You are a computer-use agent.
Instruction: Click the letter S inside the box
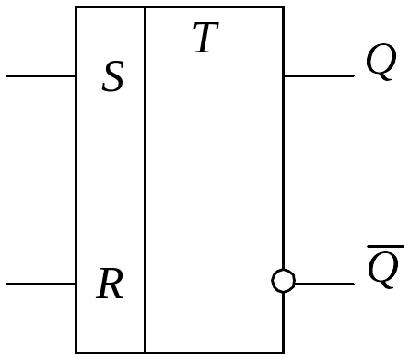click(112, 76)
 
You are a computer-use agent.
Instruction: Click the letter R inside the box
click(110, 284)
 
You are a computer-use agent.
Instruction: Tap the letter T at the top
click(206, 37)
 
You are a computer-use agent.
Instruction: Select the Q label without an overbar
click(381, 62)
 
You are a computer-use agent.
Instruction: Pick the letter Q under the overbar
click(383, 270)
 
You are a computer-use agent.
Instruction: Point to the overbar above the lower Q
click(386, 246)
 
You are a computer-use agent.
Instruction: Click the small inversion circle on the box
click(284, 281)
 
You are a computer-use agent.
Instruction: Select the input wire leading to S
click(41, 75)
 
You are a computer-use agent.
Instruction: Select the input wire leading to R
click(41, 284)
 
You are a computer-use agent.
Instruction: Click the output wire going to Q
click(319, 75)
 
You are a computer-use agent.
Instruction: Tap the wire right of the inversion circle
click(325, 284)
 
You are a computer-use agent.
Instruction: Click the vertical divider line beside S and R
click(145, 180)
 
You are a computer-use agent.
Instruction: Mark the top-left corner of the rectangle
click(76, 6)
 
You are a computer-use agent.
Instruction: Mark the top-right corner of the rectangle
click(284, 6)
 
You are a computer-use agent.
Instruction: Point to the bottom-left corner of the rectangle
click(76, 353)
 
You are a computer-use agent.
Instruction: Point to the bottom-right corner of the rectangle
click(284, 353)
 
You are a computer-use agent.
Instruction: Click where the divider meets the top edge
click(145, 6)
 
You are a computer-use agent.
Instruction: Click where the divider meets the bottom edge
click(145, 353)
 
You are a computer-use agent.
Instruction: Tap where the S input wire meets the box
click(76, 75)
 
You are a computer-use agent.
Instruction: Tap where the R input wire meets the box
click(76, 284)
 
